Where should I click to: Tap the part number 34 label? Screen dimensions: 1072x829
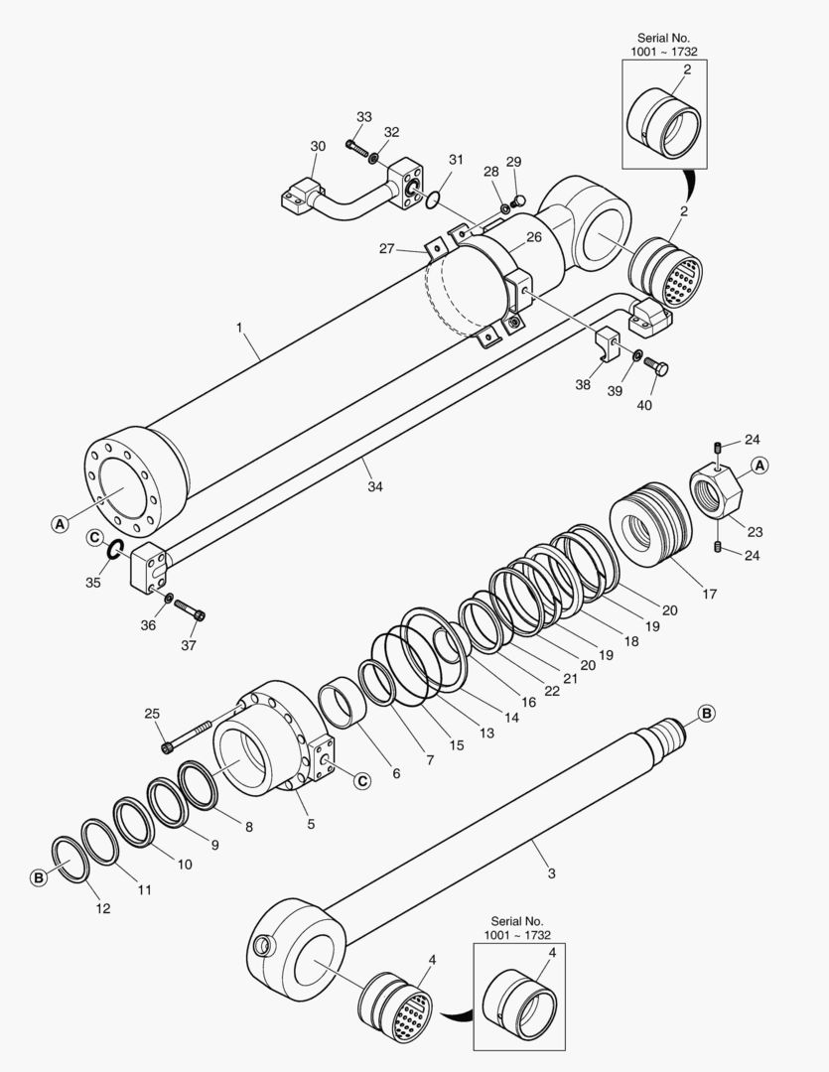[x=374, y=486]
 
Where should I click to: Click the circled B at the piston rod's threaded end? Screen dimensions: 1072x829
[x=706, y=713]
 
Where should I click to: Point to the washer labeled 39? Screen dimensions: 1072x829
[x=636, y=355]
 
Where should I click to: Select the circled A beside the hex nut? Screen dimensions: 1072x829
[x=760, y=465]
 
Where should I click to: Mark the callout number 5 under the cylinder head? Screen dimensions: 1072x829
[x=310, y=823]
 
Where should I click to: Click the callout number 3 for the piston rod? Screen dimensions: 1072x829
[x=552, y=873]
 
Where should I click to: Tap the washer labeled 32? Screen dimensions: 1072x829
[x=374, y=157]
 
